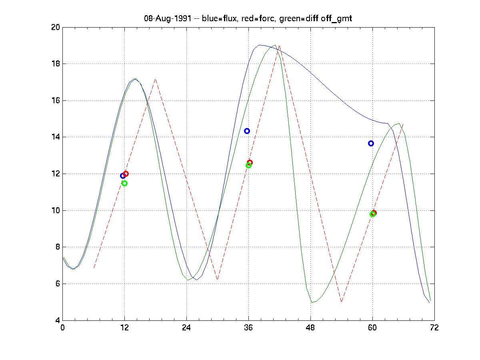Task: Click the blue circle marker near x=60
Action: (371, 143)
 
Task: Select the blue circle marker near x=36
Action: (247, 131)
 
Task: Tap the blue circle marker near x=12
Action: (123, 176)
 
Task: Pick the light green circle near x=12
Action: (124, 183)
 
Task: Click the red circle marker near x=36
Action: (250, 162)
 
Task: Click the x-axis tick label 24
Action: (186, 328)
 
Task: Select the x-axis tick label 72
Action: (434, 328)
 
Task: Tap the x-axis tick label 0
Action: (62, 328)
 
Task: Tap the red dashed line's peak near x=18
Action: (155, 79)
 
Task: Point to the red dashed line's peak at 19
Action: (279, 46)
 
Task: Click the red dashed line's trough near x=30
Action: (217, 280)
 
